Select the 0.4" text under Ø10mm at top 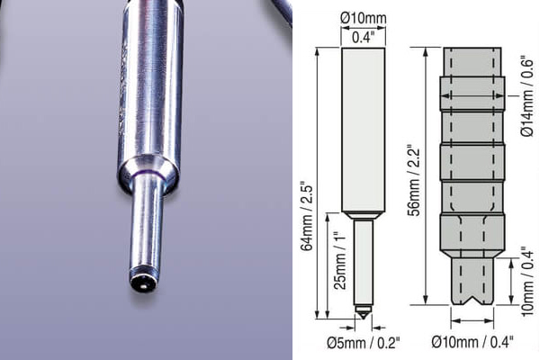(x=363, y=38)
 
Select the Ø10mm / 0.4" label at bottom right (x=472, y=342)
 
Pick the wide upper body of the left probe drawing (x=364, y=126)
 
